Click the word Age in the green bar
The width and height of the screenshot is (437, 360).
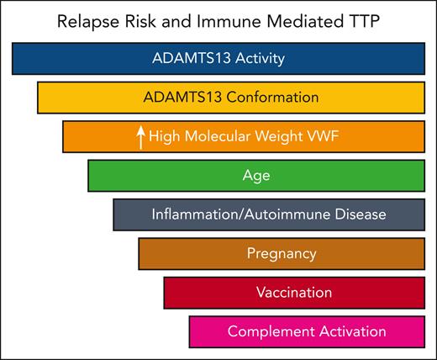coord(255,176)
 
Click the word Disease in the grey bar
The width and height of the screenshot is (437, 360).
coord(360,214)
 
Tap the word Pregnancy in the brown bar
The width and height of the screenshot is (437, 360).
coord(282,253)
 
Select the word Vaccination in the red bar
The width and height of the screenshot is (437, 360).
coord(294,292)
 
